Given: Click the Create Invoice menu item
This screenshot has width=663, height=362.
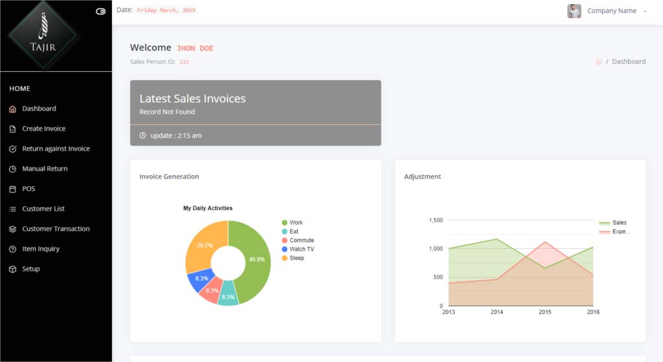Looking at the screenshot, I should [x=43, y=129].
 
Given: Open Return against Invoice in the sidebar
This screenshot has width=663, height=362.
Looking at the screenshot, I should [x=56, y=149].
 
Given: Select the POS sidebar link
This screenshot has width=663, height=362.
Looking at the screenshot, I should [x=28, y=189].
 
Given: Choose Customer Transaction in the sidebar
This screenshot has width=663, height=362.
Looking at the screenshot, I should [x=56, y=229].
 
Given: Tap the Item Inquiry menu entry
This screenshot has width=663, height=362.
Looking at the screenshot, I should [x=41, y=249].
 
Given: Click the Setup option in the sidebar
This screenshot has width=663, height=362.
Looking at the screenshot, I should [x=30, y=269].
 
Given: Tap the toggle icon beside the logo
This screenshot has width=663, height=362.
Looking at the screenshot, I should [x=100, y=12].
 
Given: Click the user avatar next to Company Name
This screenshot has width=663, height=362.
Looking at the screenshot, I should [x=574, y=11].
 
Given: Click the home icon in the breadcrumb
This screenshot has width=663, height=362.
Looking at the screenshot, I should [x=599, y=61].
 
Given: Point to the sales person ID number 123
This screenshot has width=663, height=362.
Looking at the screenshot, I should [x=184, y=62].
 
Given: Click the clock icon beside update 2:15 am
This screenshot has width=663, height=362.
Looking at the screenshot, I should [x=143, y=136].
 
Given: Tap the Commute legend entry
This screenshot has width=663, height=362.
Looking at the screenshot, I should [x=301, y=240].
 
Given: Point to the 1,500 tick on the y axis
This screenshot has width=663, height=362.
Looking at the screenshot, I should [x=435, y=220].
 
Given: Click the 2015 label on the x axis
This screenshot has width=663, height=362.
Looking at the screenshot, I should [x=545, y=312].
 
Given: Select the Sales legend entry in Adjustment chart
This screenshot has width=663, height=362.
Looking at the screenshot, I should [x=618, y=223].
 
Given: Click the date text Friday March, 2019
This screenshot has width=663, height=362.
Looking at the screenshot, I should [x=166, y=10].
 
